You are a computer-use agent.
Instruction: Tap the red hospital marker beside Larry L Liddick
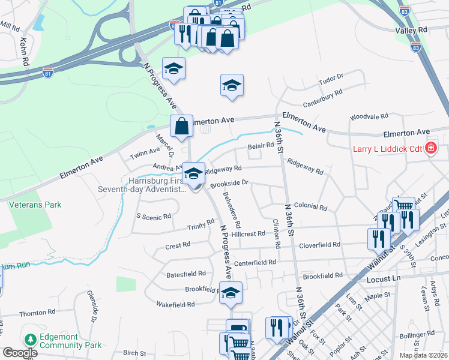click(430, 148)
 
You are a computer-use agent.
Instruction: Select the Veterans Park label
click(35, 205)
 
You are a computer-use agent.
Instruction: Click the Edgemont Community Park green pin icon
click(30, 340)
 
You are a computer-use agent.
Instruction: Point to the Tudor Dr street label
click(330, 77)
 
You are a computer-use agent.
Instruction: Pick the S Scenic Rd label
click(154, 217)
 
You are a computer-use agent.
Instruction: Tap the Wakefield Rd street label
click(175, 305)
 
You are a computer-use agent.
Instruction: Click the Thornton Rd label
click(37, 313)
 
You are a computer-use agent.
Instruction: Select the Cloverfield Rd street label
click(319, 245)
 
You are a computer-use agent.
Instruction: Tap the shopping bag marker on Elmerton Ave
click(181, 126)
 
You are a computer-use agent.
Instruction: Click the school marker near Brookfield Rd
click(231, 293)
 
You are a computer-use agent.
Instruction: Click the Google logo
click(19, 352)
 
